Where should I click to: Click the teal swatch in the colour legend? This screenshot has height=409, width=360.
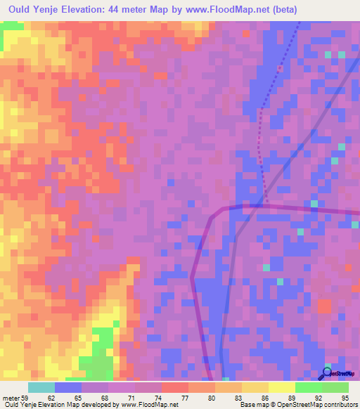41,387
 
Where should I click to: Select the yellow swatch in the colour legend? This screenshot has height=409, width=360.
281,387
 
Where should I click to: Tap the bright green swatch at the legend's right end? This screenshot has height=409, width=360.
335,387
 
